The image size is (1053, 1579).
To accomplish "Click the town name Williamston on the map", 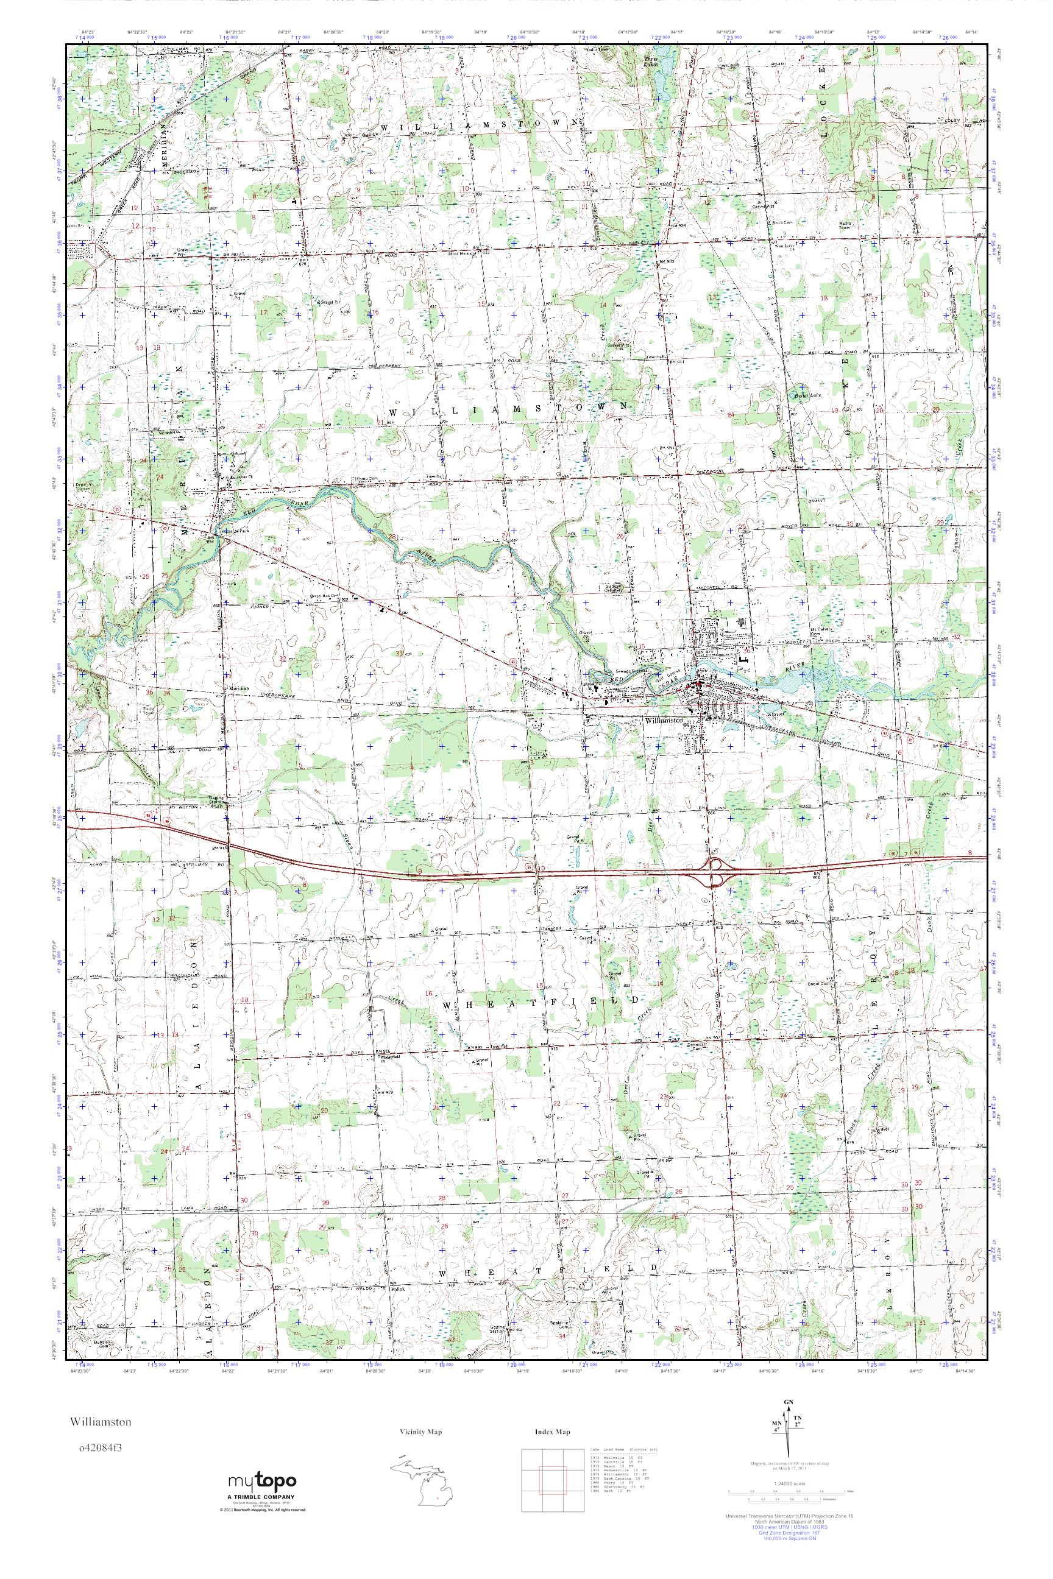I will [663, 720].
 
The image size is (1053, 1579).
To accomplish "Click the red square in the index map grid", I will [551, 1474].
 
